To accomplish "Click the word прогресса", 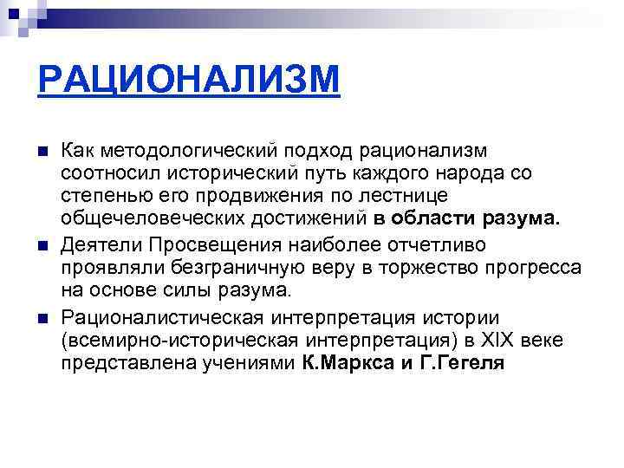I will pos(530,267).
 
